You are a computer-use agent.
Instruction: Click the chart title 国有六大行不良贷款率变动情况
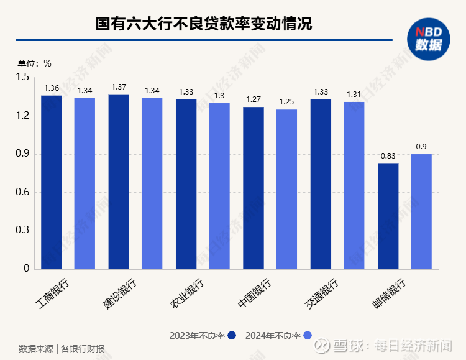tap(203, 24)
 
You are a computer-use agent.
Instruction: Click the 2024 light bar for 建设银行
tap(152, 183)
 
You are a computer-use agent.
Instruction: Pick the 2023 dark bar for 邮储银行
tap(388, 216)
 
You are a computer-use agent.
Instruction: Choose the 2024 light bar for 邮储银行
tap(421, 211)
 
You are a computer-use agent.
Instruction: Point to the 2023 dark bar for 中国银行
tap(254, 188)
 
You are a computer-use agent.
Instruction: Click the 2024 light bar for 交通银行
tap(354, 185)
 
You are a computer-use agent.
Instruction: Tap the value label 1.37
tap(119, 86)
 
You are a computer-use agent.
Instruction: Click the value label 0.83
tap(388, 155)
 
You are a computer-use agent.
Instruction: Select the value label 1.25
tap(287, 102)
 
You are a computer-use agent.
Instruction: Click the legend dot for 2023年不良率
tap(232, 336)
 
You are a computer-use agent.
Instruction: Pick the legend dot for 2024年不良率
tap(307, 336)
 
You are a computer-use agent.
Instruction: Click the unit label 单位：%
tap(34, 63)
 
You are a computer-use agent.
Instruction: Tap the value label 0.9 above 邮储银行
tap(421, 147)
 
